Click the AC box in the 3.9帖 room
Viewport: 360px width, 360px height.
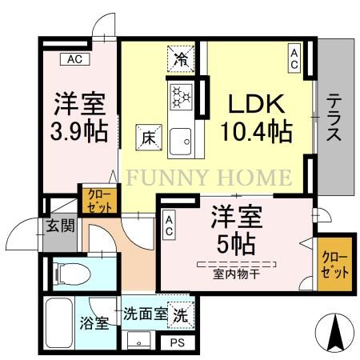74,58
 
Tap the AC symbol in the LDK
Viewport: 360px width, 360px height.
294,58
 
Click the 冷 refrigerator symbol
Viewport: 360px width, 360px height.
181,58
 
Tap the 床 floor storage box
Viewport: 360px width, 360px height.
149,136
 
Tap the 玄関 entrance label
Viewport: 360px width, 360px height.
60,226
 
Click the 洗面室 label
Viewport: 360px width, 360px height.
144,314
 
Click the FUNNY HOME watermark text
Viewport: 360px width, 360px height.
206,177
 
